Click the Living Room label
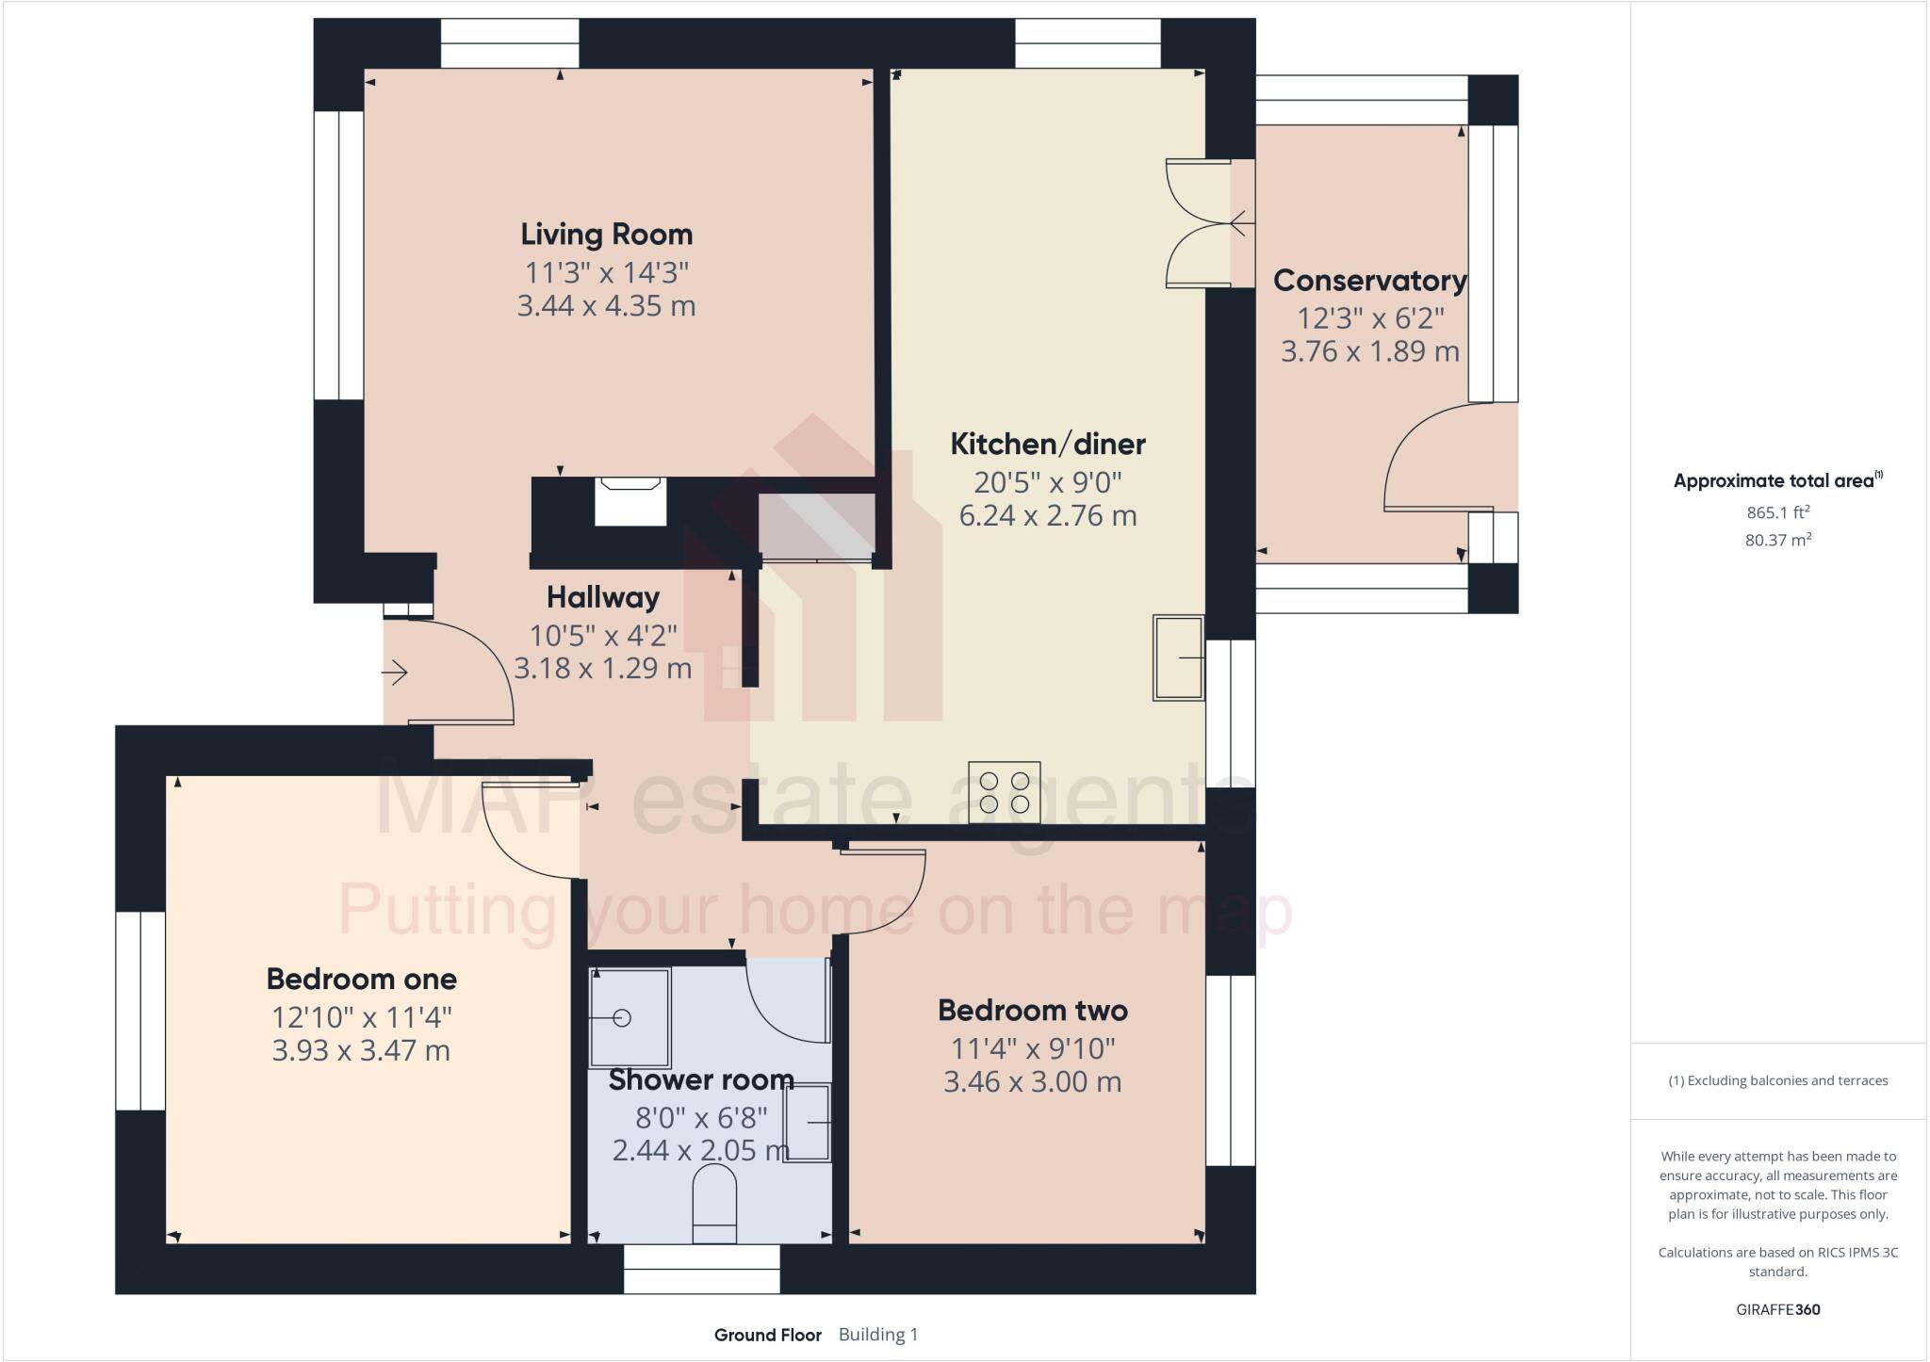[606, 234]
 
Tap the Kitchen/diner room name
[1047, 444]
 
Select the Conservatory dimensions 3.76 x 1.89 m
[1369, 351]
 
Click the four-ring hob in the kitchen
[1004, 792]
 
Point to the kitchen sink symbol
[1178, 657]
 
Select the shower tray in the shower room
[630, 1016]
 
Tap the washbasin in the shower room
[808, 1123]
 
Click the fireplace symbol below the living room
[630, 501]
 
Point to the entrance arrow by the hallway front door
[394, 673]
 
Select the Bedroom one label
[361, 979]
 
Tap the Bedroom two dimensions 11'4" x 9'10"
[1032, 1047]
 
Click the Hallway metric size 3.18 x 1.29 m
[602, 668]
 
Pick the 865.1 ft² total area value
[1777, 512]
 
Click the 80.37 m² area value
[1777, 540]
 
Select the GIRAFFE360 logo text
[1777, 1309]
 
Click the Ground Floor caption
[767, 1335]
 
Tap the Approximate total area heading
[1776, 480]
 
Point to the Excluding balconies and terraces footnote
[1777, 1080]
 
